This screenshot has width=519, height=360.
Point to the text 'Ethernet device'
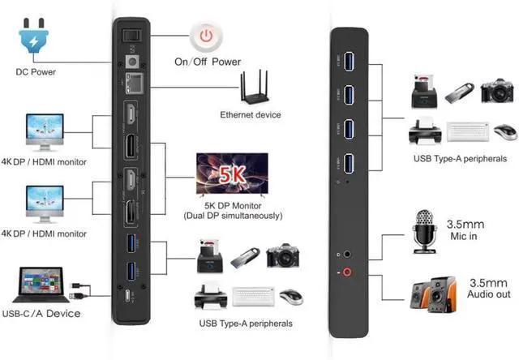251,115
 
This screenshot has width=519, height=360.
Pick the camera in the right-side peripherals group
498,92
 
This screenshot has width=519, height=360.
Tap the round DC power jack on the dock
133,61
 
